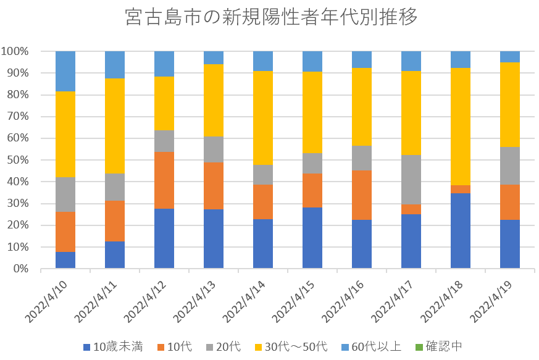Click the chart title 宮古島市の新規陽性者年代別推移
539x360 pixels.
270,17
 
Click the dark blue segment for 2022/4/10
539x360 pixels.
65,260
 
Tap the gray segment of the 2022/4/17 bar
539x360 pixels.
411,180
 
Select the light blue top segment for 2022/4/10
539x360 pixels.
65,71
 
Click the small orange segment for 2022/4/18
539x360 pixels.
461,189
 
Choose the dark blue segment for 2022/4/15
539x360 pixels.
312,238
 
